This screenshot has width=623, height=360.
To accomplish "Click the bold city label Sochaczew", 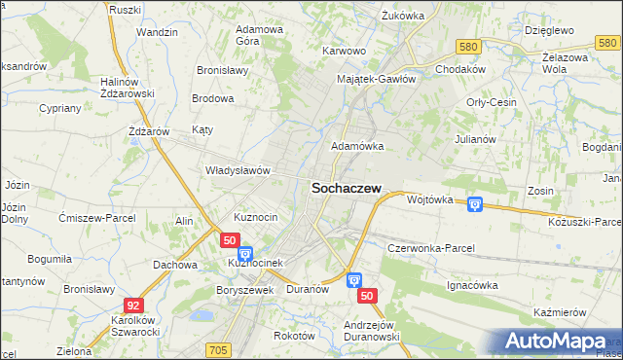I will point(346,191).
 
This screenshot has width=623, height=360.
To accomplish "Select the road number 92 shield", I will point(134,306).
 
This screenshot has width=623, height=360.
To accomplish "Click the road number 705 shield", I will point(218,349).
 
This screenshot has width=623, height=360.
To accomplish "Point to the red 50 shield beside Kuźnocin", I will point(230,239).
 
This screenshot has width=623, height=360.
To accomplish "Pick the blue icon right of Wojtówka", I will point(474,203).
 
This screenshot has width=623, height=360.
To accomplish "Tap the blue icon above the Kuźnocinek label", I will point(244,254).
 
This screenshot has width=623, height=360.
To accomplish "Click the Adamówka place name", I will point(357,146).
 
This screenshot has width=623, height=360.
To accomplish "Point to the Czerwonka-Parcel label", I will point(430,248).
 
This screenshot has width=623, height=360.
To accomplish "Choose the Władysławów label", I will point(237,170).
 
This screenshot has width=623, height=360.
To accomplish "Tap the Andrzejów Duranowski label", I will point(372,331).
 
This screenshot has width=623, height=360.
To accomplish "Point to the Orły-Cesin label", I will point(491,102).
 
